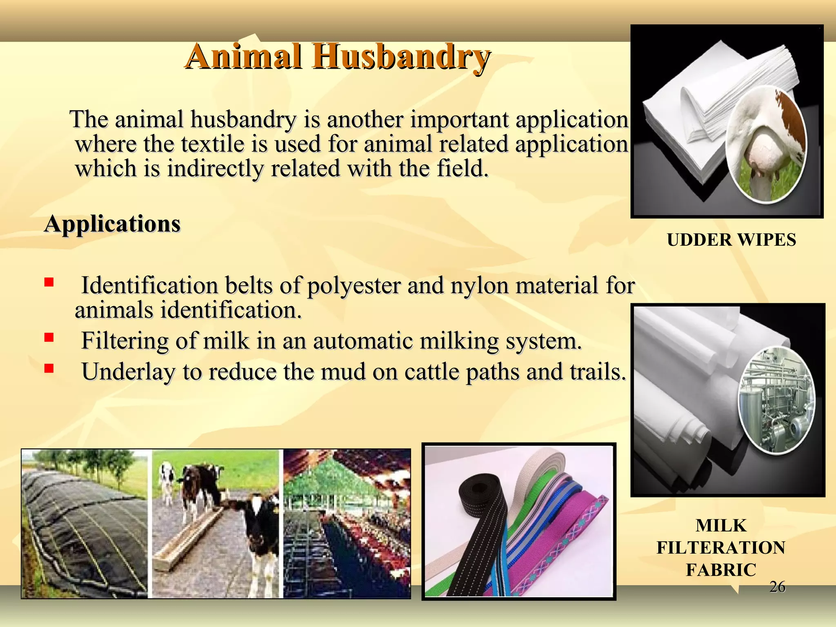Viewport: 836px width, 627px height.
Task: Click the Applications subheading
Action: point(112,224)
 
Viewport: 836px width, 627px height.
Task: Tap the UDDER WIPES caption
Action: point(731,240)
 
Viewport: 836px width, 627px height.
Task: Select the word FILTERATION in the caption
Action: point(721,548)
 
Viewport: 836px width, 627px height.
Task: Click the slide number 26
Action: point(777,587)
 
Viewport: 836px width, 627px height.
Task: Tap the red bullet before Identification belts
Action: point(49,282)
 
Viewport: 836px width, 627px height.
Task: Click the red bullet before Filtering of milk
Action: point(49,338)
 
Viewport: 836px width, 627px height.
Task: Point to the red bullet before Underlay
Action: point(49,369)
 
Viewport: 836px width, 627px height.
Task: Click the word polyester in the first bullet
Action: point(354,285)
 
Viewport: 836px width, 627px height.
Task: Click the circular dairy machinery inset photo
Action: point(776,400)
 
